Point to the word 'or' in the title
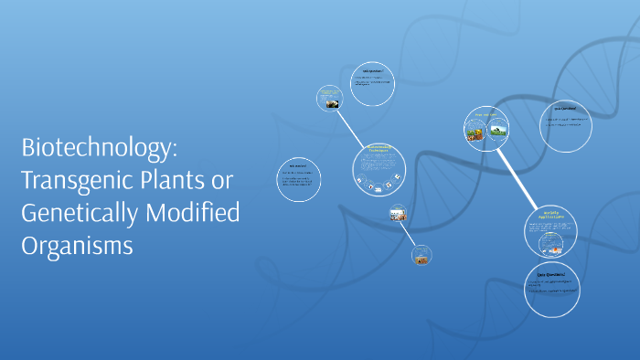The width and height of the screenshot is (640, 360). (x=224, y=181)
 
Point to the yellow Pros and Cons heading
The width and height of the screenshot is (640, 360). (x=485, y=116)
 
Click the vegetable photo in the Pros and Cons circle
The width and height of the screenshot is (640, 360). (x=475, y=133)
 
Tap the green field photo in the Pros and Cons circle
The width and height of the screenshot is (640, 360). (x=498, y=131)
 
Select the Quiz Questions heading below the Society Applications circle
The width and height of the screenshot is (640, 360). (x=551, y=273)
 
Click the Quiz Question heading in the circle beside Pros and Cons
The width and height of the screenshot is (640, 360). (x=564, y=109)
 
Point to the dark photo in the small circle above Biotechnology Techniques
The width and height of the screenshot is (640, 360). (x=330, y=103)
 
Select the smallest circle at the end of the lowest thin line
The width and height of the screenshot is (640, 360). (x=421, y=258)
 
